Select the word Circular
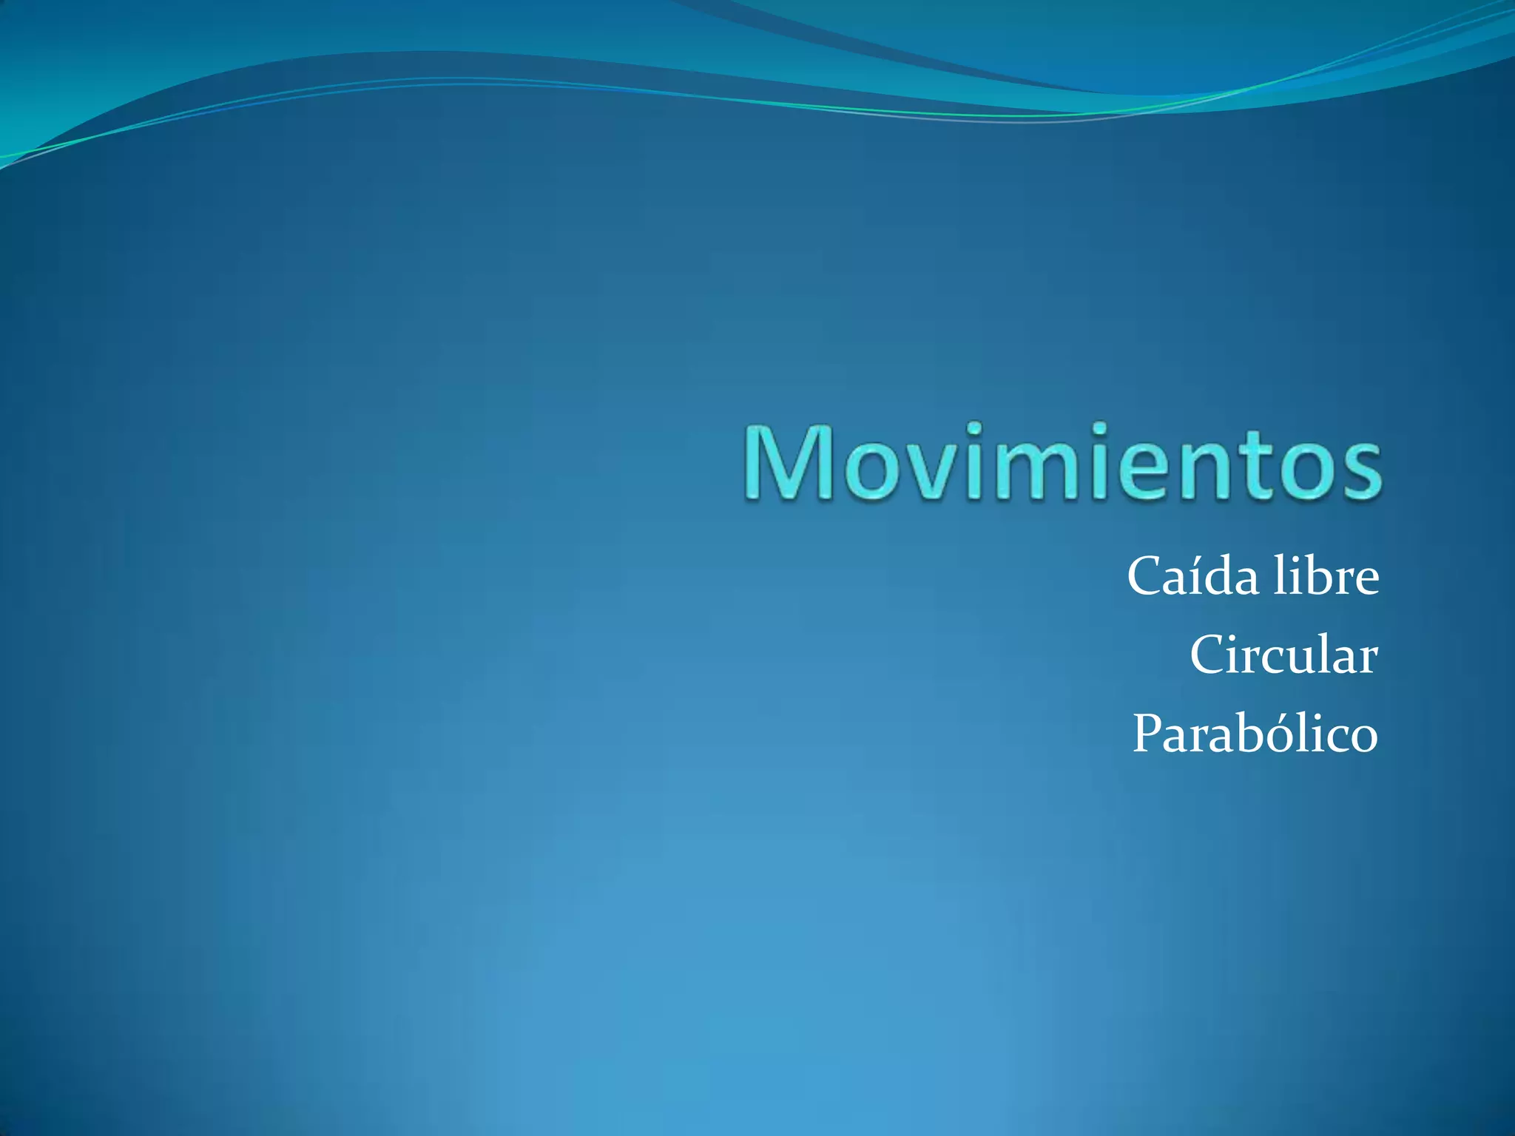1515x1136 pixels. coord(1283,655)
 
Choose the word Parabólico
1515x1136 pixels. coord(1255,734)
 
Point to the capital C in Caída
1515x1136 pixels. coord(1147,577)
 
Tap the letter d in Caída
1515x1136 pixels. coord(1221,577)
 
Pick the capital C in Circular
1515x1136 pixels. coord(1209,655)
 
